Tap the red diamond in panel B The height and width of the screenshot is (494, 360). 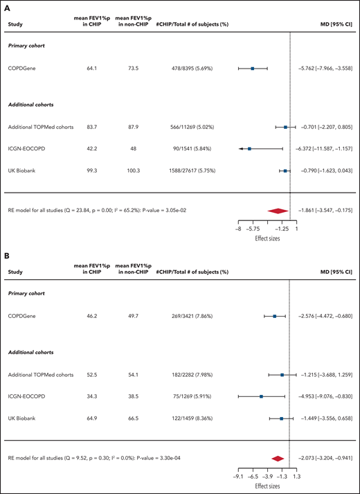click(278, 457)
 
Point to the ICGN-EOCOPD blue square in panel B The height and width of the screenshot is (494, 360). click(261, 397)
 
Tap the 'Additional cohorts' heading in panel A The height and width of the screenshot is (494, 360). click(32, 105)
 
